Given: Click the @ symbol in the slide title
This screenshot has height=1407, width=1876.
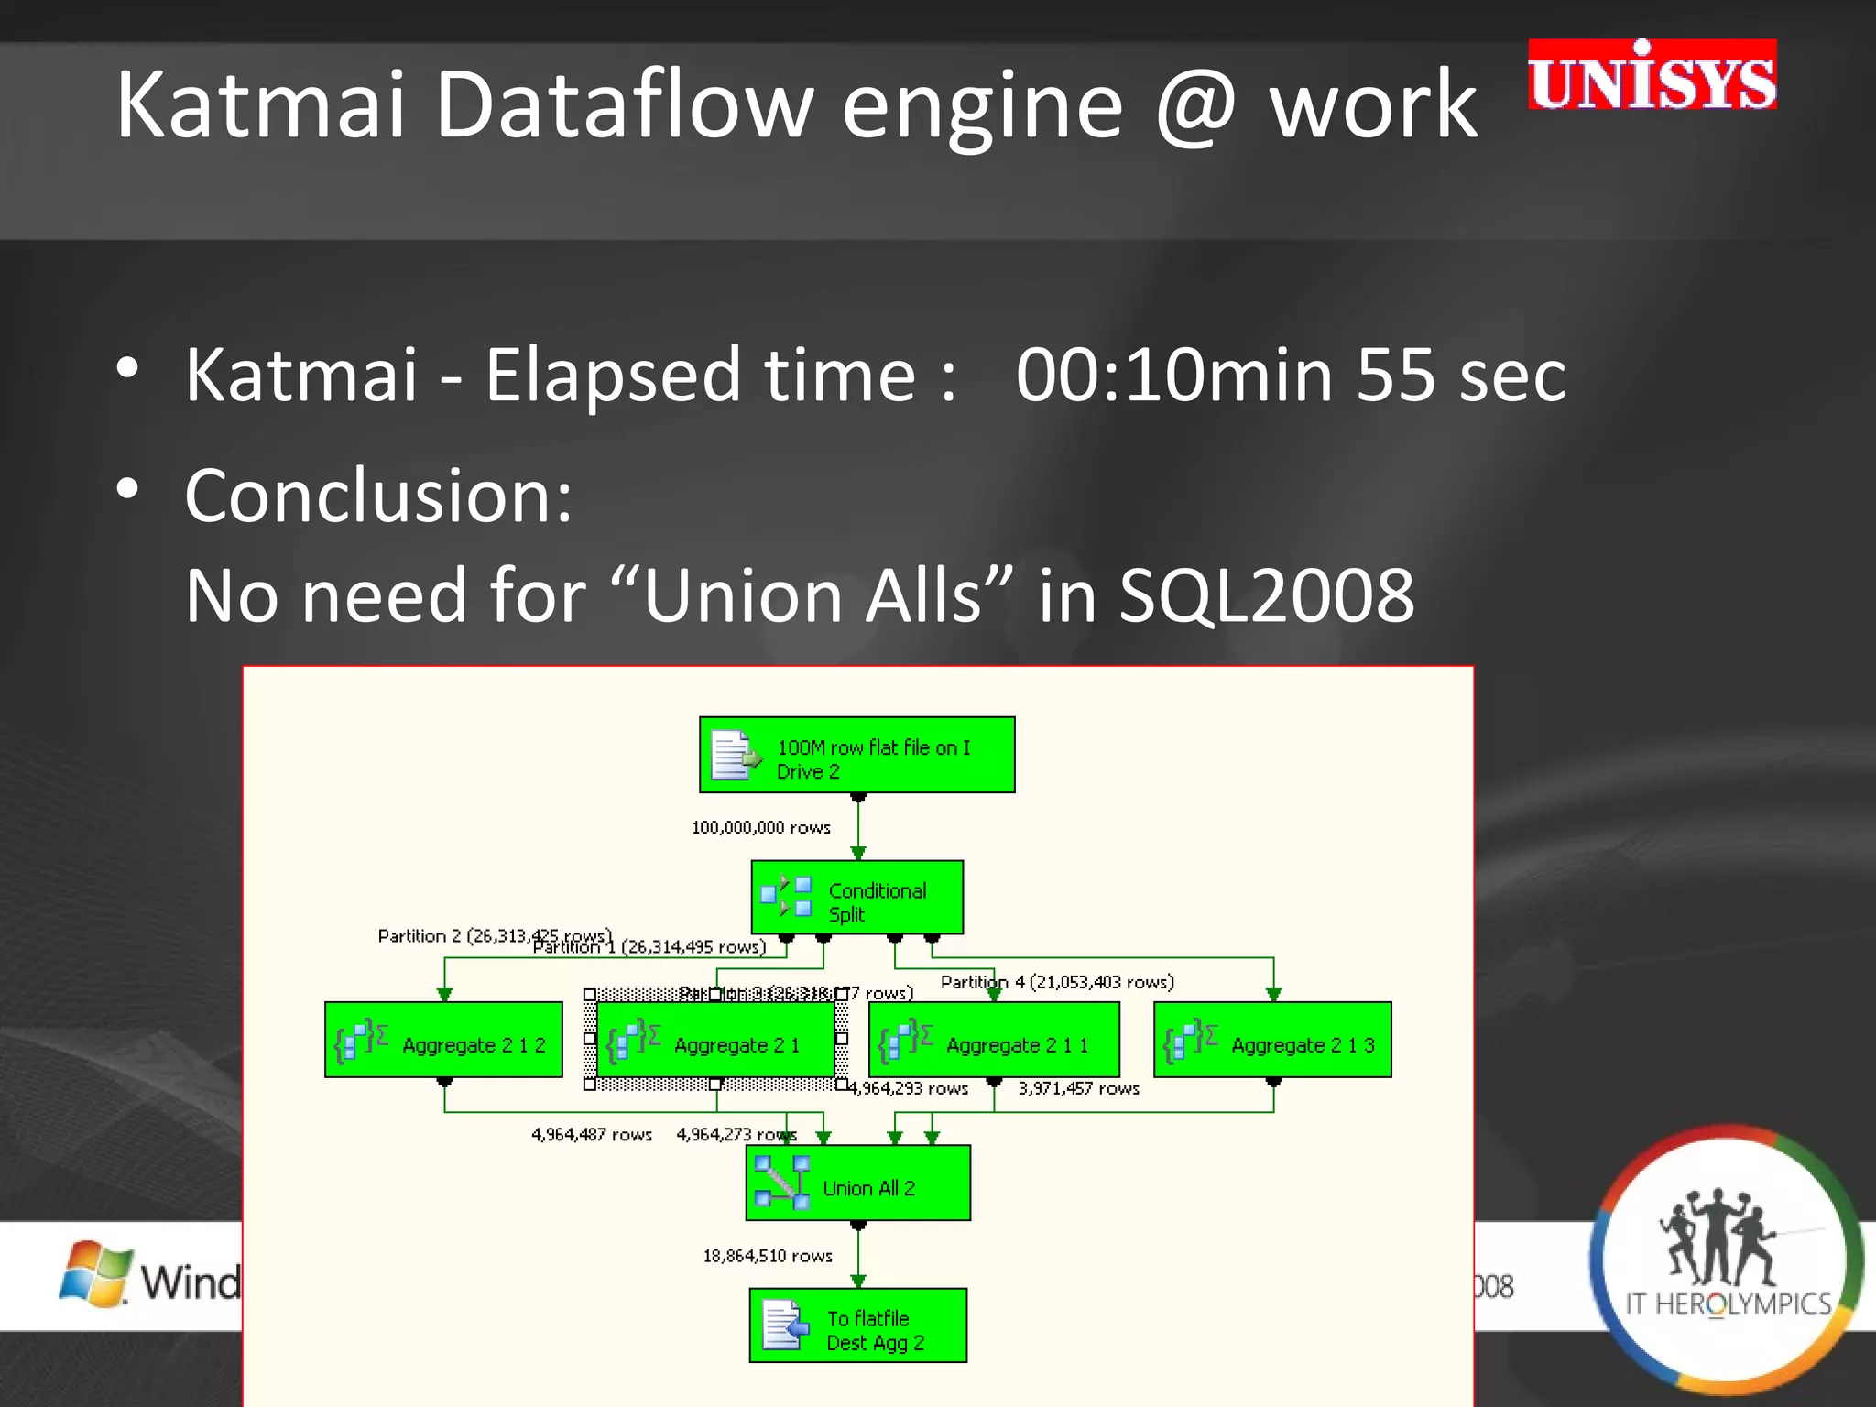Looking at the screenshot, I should point(1196,108).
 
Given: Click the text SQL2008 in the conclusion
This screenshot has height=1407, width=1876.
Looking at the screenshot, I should point(1267,595).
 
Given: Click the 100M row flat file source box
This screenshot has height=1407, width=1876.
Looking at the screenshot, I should point(856,755).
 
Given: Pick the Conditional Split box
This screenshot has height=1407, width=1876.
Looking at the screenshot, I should point(856,898).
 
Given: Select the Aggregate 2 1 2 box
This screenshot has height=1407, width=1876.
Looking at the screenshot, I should point(443,1041).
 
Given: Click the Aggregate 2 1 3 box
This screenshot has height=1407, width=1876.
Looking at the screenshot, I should point(1272,1041).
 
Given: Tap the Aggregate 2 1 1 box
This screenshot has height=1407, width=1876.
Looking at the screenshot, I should point(994,1041).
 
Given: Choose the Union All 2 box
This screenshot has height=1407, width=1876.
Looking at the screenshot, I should point(857,1183).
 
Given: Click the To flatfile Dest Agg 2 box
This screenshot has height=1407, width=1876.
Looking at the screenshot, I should point(857,1326).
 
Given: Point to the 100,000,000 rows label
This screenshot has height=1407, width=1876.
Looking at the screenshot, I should point(760,828).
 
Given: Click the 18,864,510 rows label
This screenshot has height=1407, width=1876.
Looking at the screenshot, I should point(768,1257).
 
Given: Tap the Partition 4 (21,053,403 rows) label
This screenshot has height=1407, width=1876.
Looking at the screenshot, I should point(1057,983).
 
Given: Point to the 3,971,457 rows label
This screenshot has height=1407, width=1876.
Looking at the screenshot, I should point(1078,1089).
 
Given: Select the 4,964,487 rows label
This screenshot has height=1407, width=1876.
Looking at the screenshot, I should point(591,1136).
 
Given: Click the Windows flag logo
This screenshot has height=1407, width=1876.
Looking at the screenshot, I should point(94,1274).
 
